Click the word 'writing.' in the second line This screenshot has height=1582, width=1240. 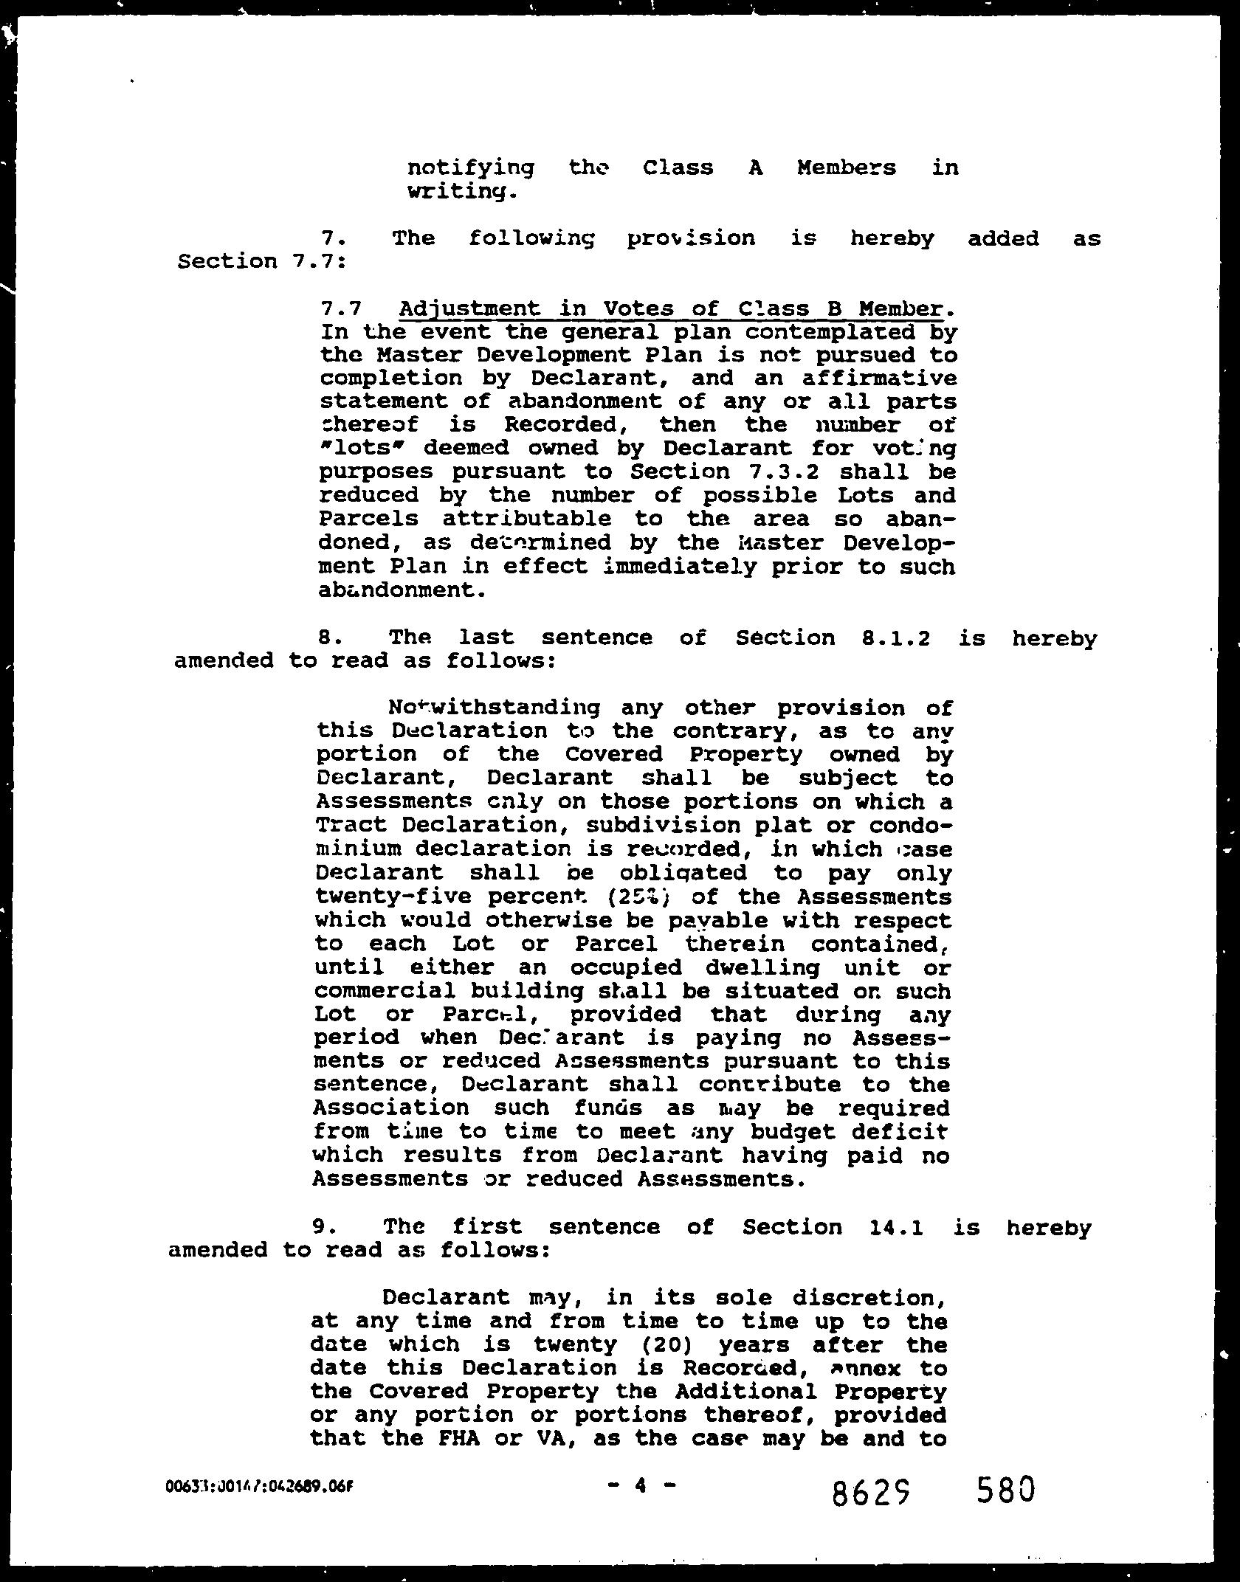point(458,192)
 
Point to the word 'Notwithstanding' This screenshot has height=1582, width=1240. point(494,708)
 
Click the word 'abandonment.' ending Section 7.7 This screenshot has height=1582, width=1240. point(402,590)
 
